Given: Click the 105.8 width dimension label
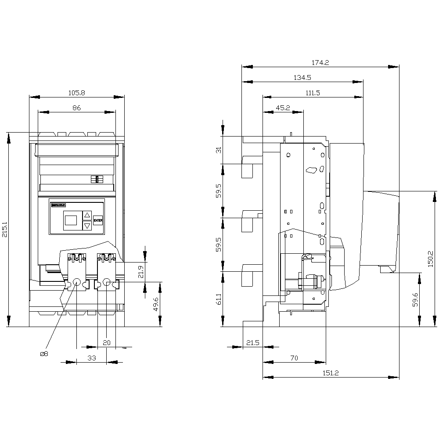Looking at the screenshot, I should point(76,93).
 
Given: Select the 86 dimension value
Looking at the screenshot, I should point(77,108).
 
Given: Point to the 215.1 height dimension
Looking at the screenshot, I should point(5,230).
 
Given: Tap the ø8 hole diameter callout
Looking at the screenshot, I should point(44,354).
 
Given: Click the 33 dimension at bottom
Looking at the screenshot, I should point(91,358).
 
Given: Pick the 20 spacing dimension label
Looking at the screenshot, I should point(107,342).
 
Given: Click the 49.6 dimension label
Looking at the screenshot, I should point(156,303).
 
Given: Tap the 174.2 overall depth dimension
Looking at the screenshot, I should point(320,63).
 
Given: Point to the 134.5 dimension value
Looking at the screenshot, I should point(302,78).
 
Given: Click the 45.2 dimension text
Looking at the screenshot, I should point(283,108).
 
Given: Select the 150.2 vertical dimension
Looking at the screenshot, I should point(431,259).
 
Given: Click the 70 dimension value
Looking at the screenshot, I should point(294,358).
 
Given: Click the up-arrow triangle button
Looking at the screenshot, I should point(87,215).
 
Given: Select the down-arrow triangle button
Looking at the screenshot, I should point(87,226).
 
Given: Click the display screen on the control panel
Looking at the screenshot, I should point(71,220).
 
